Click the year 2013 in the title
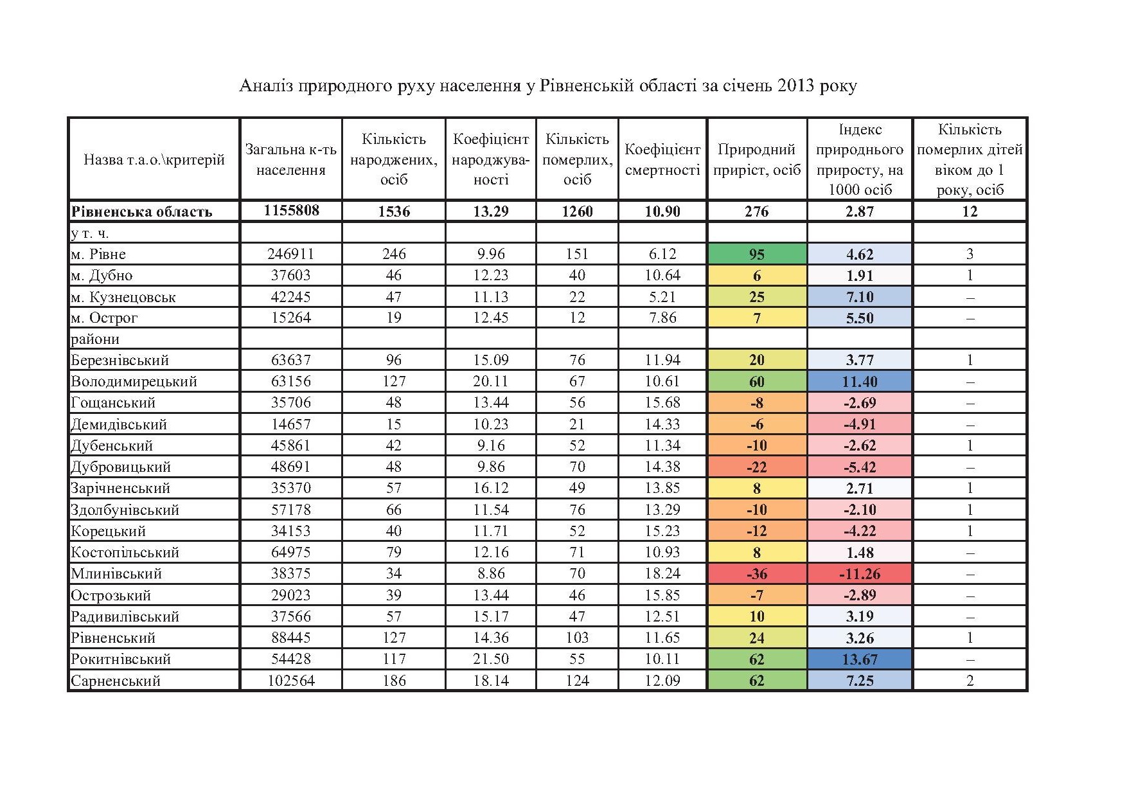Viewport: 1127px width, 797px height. click(796, 86)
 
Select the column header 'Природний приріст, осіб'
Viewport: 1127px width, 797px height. click(756, 159)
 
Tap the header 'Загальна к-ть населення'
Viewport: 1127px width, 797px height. click(290, 159)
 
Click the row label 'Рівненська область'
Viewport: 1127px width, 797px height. click(141, 211)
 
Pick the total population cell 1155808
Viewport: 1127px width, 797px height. click(291, 211)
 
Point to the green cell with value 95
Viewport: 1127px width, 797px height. click(756, 254)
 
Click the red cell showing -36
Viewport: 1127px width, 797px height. click(756, 574)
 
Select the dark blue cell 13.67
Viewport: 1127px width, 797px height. click(859, 659)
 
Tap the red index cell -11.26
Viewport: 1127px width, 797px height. click(859, 574)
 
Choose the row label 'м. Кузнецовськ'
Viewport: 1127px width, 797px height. click(123, 297)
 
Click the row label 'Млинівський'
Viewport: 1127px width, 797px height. click(116, 574)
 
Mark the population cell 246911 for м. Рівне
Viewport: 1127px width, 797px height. click(291, 254)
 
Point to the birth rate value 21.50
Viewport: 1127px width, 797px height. click(490, 659)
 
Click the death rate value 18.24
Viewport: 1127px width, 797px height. click(662, 574)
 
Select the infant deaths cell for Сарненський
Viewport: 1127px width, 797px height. click(970, 681)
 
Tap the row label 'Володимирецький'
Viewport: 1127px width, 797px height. click(134, 382)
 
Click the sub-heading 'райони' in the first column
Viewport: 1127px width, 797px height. click(95, 339)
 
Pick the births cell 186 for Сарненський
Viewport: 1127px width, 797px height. click(393, 681)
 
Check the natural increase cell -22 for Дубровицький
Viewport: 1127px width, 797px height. click(756, 467)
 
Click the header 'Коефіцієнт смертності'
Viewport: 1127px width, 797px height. click(662, 159)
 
